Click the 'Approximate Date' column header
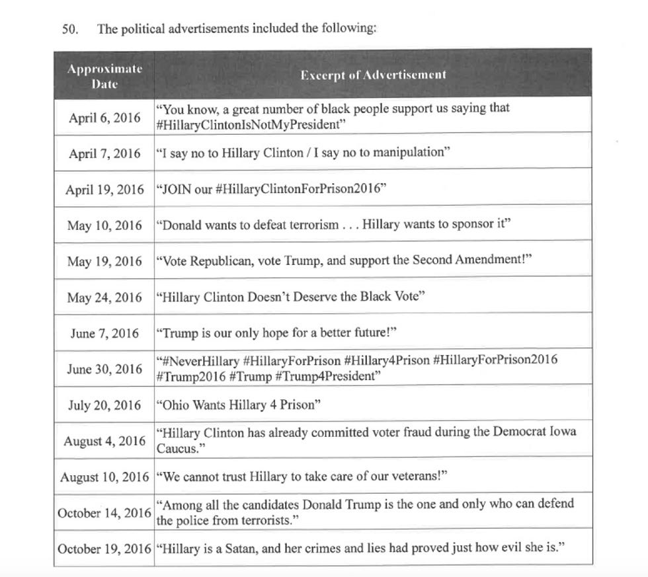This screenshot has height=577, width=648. pyautogui.click(x=104, y=76)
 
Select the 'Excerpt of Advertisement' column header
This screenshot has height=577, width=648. pyautogui.click(x=373, y=75)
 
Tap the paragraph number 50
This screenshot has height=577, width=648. pyautogui.click(x=70, y=30)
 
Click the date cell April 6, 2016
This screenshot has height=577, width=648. pyautogui.click(x=104, y=118)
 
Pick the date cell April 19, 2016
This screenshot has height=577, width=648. pyautogui.click(x=104, y=190)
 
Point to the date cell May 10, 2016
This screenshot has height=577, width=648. pyautogui.click(x=104, y=225)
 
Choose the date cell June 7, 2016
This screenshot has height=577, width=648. pyautogui.click(x=104, y=333)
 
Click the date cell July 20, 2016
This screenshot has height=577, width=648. pyautogui.click(x=104, y=405)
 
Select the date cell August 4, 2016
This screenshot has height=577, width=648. pyautogui.click(x=104, y=441)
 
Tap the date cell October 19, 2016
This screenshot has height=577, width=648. pyautogui.click(x=104, y=549)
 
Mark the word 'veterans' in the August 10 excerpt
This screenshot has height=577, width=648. pyautogui.click(x=409, y=477)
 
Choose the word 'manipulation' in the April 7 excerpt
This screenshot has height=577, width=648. pyautogui.click(x=407, y=153)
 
